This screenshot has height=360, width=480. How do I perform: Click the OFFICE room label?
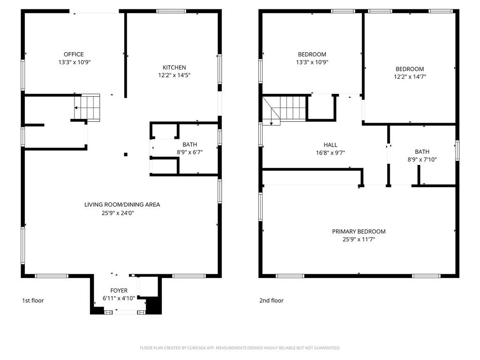74,54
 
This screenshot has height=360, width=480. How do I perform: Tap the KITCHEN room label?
174,67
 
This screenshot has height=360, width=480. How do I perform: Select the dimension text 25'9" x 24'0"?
118,213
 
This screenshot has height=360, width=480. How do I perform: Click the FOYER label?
119,290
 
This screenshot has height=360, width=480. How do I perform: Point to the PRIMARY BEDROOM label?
359,232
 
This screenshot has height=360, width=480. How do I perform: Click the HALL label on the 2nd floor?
330,145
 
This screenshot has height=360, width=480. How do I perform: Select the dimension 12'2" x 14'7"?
410,76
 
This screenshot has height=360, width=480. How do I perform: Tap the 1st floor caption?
33,300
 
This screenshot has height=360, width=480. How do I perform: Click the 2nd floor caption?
271,300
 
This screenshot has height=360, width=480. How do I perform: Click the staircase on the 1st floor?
87,107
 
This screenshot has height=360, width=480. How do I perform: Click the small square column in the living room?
126,154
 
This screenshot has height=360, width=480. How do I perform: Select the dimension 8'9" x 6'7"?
190,152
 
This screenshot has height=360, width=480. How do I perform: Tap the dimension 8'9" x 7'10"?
422,159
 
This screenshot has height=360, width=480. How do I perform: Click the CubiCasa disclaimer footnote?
240,348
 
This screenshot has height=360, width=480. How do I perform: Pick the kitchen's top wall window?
171,11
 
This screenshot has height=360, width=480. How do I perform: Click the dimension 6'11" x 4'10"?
119,298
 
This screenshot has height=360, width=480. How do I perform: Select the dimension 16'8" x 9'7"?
330,152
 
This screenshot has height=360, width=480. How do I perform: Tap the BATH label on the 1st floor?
190,144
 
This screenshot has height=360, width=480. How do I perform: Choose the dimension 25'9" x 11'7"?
359,239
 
